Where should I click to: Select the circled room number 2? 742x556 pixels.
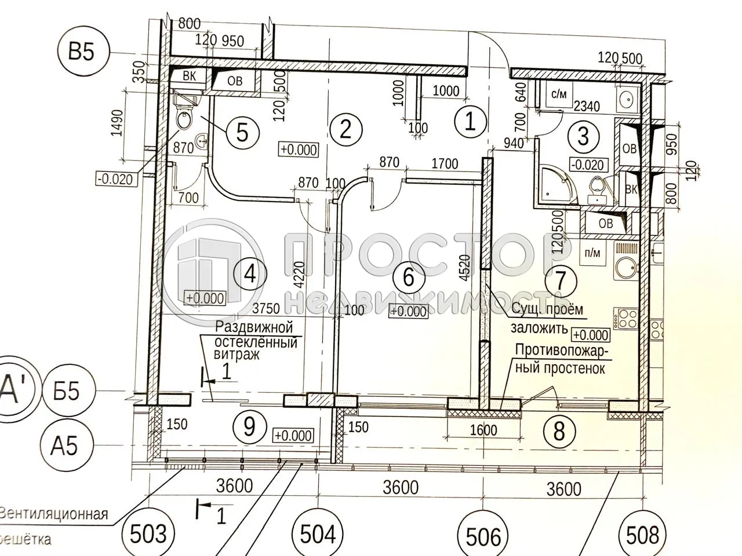coord(346,128)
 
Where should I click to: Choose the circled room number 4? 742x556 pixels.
coord(249,273)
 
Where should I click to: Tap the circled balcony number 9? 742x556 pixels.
coord(249,427)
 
